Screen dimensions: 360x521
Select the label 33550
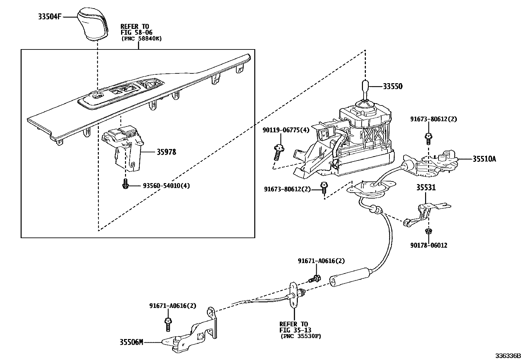pos(393,86)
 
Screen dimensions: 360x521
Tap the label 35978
pos(166,152)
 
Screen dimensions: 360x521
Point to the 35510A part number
pos(484,159)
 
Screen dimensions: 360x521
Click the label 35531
pos(426,188)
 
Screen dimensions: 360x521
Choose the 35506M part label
pos(131,343)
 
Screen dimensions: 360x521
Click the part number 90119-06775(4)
pos(285,130)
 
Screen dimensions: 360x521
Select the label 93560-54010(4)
pos(166,186)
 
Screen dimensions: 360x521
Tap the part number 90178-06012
pos(429,245)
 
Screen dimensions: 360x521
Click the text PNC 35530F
pos(300,336)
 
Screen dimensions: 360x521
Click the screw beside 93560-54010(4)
pos(125,184)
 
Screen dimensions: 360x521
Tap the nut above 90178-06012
pos(429,231)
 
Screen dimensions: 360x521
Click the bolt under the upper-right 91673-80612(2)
pos(427,139)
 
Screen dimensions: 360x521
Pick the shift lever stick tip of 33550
pos(365,87)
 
